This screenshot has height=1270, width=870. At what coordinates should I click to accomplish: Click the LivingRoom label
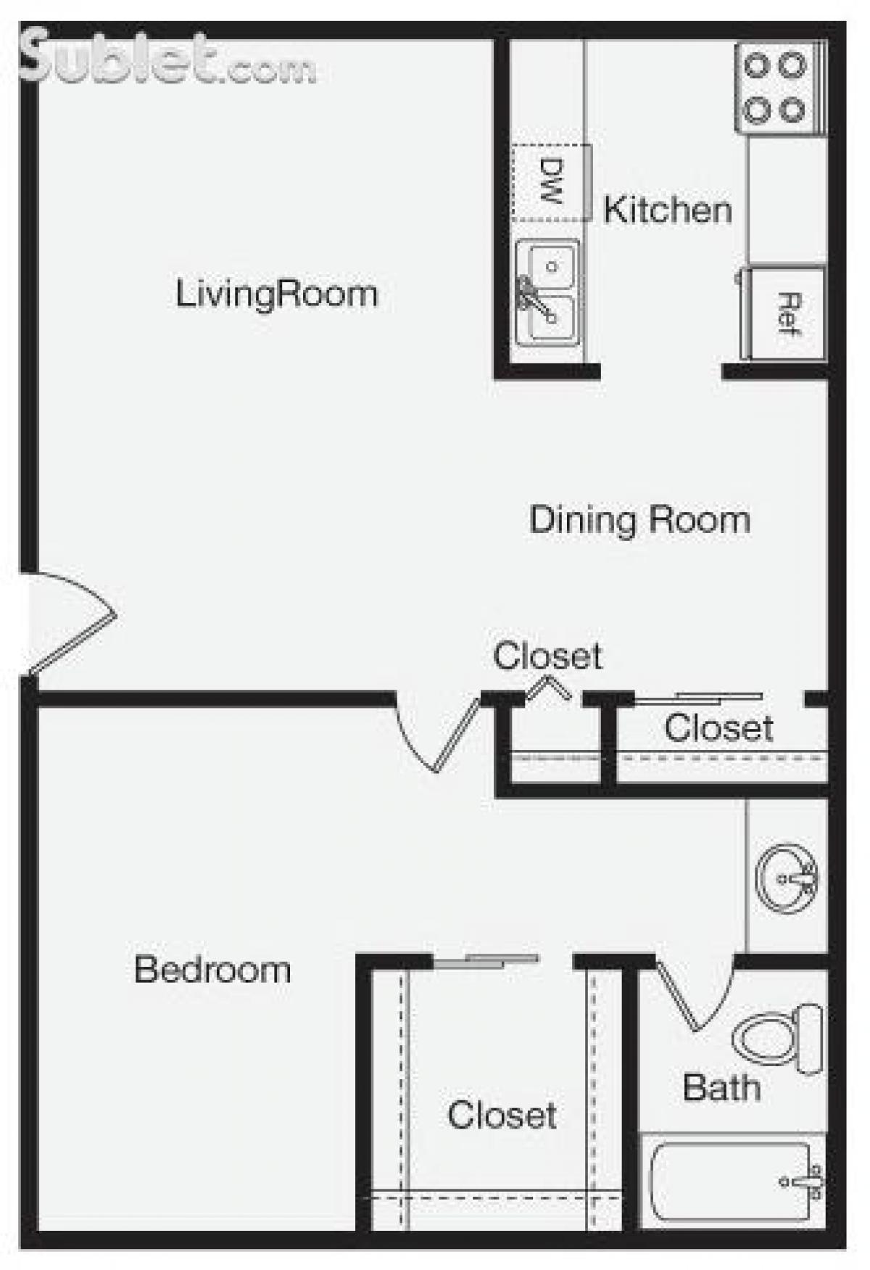pos(276,294)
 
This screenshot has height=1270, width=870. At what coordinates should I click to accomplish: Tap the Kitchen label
pos(667,210)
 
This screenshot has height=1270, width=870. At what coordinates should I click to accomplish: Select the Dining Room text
pos(639,520)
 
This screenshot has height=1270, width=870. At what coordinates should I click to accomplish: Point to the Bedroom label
pos(212,970)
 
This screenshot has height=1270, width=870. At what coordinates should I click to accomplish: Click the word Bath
pos(721,1087)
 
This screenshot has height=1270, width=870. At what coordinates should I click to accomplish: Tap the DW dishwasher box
pos(551,182)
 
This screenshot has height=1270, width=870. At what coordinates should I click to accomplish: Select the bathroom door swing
pos(696,994)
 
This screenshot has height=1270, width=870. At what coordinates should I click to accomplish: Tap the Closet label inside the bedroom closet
pos(502,1115)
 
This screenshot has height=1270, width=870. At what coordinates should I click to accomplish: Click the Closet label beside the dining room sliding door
pos(718,727)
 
